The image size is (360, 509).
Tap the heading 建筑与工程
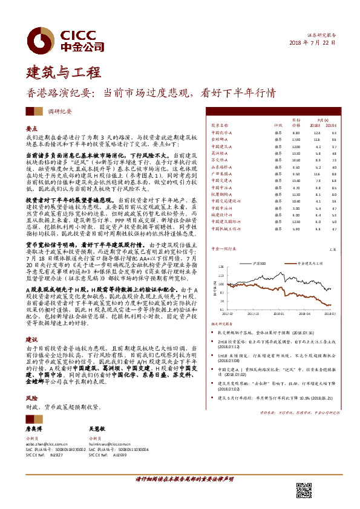tap(62, 73)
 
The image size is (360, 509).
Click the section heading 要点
tap(33, 129)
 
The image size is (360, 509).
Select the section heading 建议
tap(32, 340)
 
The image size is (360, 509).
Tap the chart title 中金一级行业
tap(222, 248)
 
